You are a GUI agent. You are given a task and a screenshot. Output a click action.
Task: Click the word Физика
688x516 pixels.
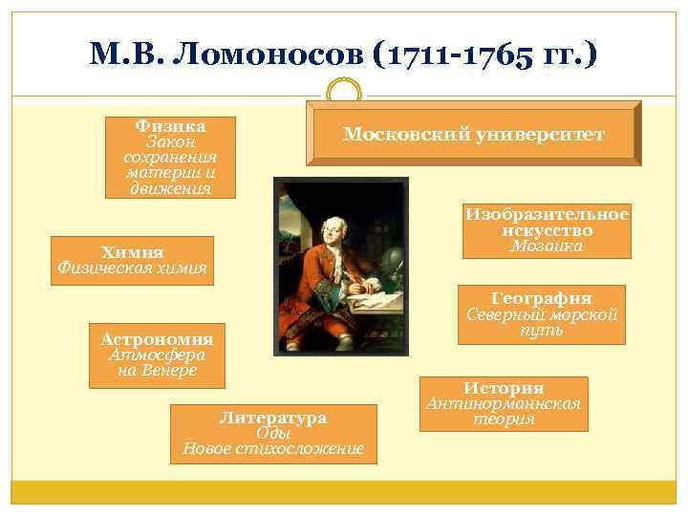pos(171,125)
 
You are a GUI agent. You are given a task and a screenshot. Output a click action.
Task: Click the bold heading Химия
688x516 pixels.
pos(133,252)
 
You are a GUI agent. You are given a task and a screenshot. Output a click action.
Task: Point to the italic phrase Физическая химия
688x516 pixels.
pos(133,268)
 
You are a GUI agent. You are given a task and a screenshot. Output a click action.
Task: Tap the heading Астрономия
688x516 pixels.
pos(157,338)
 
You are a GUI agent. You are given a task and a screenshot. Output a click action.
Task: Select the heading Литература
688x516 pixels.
pos(272,418)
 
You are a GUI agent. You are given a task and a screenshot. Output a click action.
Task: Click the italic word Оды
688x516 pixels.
pos(272,432)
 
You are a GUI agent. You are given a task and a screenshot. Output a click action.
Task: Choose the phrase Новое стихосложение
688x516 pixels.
pos(272,448)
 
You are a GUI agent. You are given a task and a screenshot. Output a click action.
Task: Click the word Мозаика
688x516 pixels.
pos(547,246)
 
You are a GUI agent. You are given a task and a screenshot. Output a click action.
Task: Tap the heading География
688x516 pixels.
pos(541,298)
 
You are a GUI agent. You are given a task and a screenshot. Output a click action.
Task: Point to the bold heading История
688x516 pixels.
pos(504,388)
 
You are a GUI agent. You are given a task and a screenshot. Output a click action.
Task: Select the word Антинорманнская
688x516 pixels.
pos(504,403)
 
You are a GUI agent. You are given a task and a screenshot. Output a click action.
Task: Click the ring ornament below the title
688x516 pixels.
pos(344,92)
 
